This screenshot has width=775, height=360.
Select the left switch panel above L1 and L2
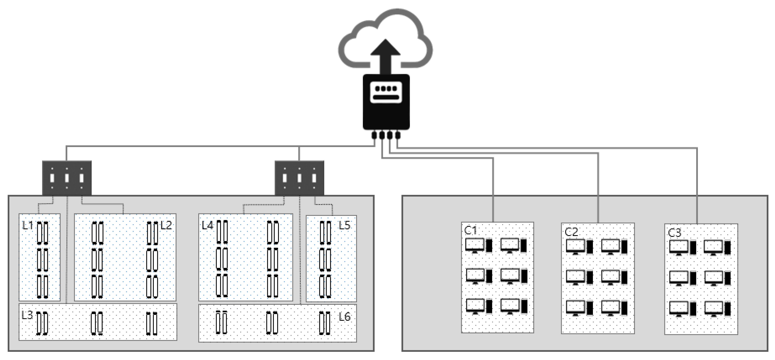(67, 178)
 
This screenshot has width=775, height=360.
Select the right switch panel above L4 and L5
(299, 178)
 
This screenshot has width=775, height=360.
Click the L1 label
(28, 225)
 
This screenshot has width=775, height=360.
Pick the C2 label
(571, 232)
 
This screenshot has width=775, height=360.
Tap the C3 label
(674, 233)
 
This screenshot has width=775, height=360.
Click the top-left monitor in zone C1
(475, 246)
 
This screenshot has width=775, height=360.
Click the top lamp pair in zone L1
(42, 233)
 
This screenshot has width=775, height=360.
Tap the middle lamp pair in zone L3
(97, 323)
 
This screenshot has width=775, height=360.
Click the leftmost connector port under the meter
(374, 135)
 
